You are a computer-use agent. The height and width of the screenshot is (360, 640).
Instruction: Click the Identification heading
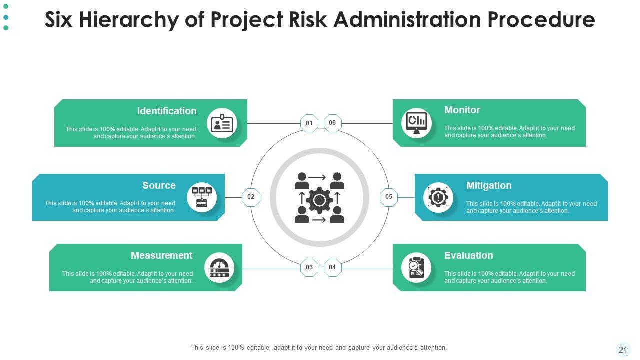[167, 111]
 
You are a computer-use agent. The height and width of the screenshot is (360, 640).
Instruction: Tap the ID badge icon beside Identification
[222, 123]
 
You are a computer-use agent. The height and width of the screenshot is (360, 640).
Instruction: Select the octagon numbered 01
[309, 123]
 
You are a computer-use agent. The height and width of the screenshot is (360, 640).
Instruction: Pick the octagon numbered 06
[332, 123]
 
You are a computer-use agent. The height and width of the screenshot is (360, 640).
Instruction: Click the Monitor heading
[462, 110]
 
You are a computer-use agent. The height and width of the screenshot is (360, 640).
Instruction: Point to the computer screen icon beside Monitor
[416, 123]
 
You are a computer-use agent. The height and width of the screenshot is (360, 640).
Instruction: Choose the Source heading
[159, 185]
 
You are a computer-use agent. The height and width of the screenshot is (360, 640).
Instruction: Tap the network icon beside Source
[202, 197]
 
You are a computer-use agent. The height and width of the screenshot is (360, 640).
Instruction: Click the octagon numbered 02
[251, 197]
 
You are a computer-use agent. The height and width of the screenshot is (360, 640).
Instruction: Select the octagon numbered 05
[389, 197]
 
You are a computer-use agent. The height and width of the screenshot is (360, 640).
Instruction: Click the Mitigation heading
[488, 185]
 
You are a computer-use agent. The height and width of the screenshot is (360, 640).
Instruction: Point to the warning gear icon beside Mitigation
[438, 197]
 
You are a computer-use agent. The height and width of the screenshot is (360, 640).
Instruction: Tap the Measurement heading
[161, 255]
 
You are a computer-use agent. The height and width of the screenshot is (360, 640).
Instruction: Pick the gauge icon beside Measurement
[219, 268]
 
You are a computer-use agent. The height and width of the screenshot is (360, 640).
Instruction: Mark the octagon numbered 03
[309, 267]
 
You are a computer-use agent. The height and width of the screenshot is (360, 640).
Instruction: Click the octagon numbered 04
[332, 267]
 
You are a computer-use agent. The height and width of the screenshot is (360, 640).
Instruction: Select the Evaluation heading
[468, 255]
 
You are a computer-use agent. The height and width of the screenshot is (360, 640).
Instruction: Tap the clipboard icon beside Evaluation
[416, 268]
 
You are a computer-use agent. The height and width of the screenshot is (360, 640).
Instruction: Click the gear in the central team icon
[319, 200]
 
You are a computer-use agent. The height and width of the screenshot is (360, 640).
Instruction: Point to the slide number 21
[623, 350]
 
